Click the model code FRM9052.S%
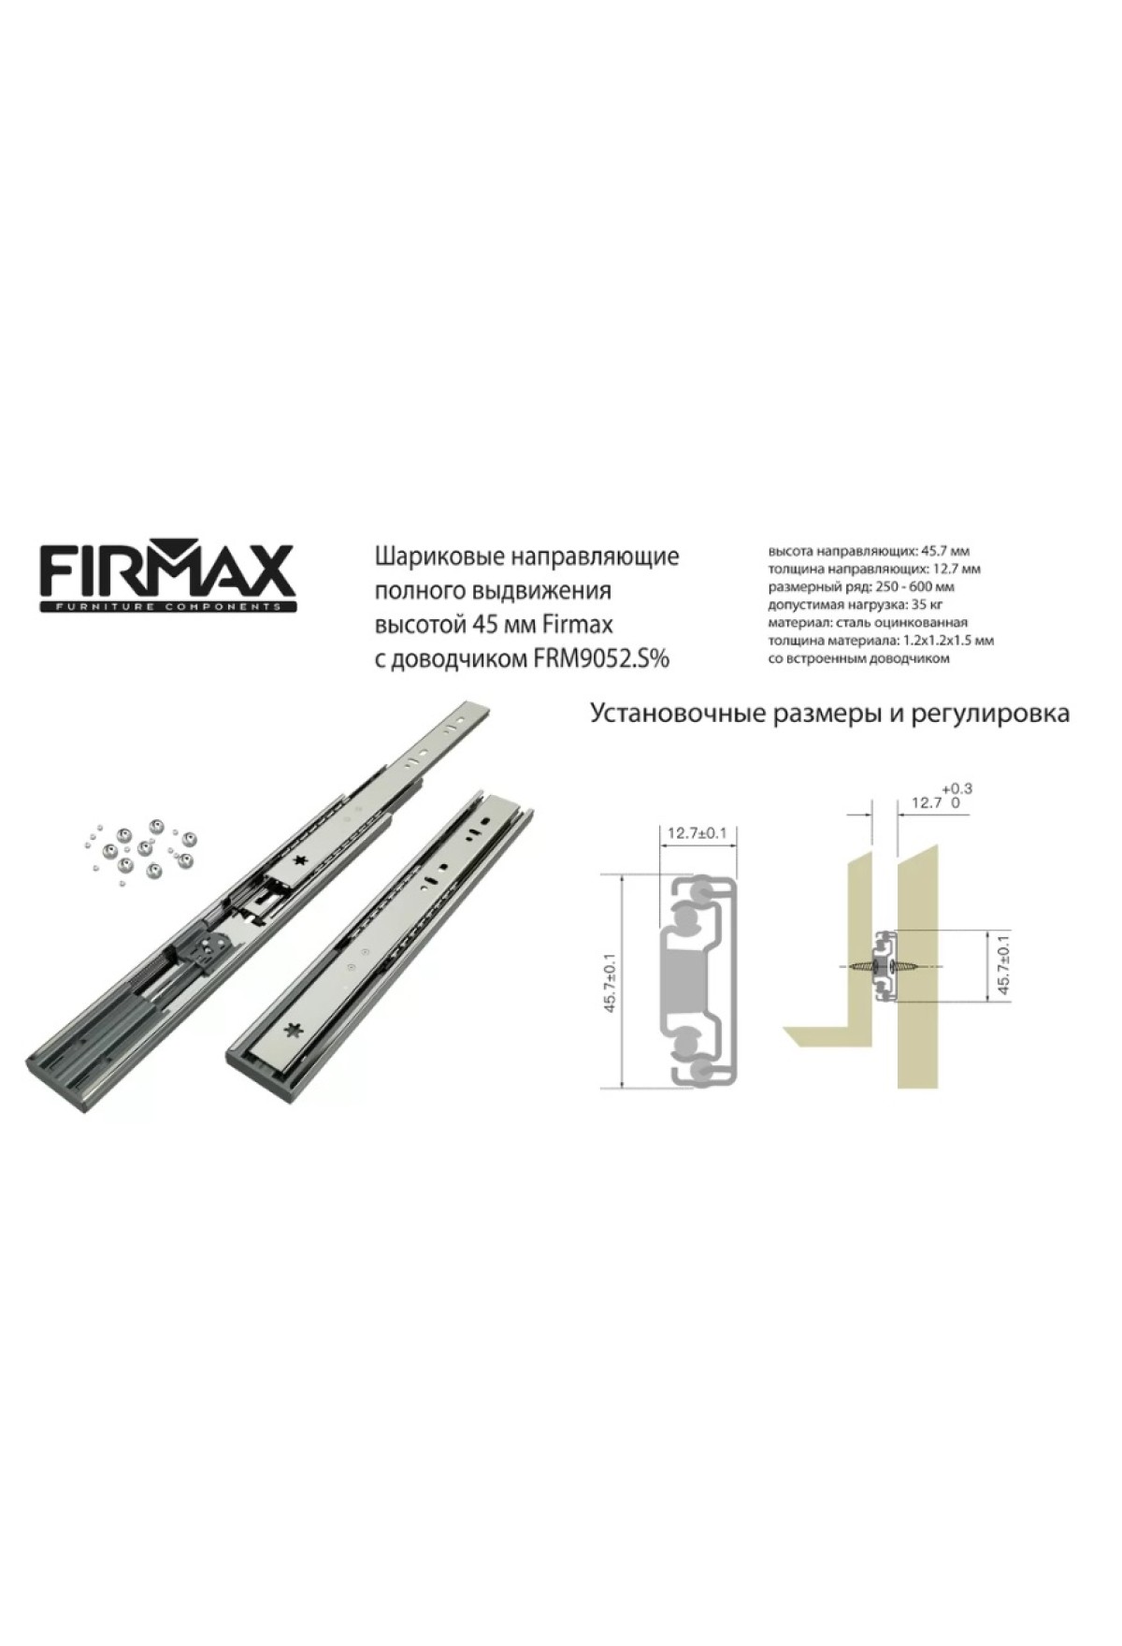coord(601,659)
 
